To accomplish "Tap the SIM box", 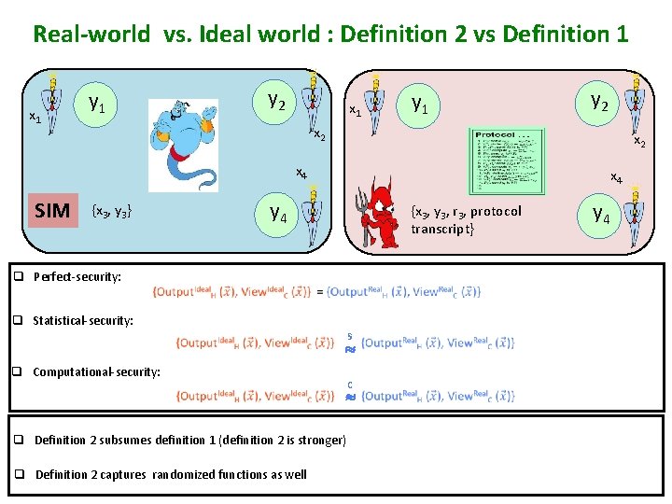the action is coord(52,211).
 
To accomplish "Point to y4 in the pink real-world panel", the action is coord(602,216).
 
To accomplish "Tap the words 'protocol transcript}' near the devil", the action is coord(466,220).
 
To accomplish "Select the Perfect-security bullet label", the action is coord(77,276).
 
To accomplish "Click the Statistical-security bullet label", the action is coord(83,320).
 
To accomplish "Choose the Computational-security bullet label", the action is coord(96,371).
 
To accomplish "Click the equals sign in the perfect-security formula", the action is coord(320,291).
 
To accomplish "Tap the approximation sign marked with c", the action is coord(349,397).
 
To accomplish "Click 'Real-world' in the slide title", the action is coord(91,35).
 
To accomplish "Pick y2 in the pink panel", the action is coord(599,100).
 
